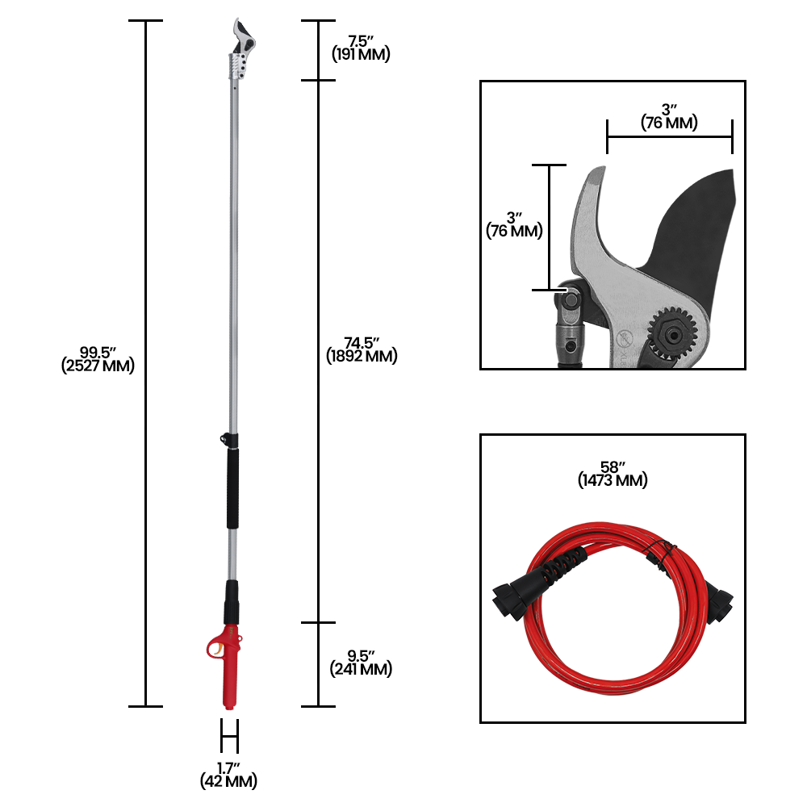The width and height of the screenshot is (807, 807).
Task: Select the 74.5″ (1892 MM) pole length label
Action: tap(362, 349)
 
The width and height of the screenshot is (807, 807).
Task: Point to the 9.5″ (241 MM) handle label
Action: tap(361, 663)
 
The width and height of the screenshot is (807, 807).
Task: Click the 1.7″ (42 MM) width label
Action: tap(228, 775)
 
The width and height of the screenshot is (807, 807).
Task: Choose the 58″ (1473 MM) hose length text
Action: tap(613, 475)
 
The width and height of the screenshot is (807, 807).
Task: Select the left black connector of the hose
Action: tap(512, 601)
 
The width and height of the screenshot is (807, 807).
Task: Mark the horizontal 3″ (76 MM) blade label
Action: tap(669, 117)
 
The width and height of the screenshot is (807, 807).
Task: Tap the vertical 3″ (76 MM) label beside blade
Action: tap(514, 225)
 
